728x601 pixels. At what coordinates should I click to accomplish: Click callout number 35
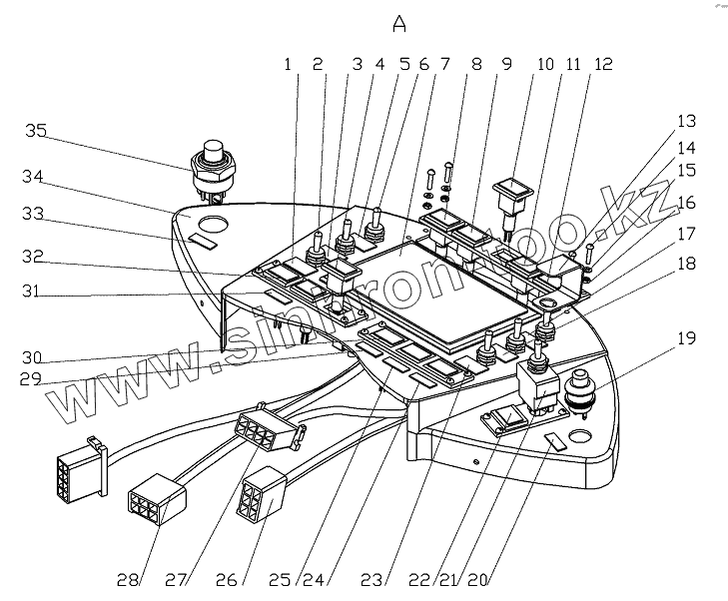pyautogui.click(x=36, y=131)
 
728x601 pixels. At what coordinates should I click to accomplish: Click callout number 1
pyautogui.click(x=287, y=65)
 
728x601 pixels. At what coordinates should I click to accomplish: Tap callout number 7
pyautogui.click(x=444, y=65)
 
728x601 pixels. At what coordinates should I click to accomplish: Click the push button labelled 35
pyautogui.click(x=211, y=158)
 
